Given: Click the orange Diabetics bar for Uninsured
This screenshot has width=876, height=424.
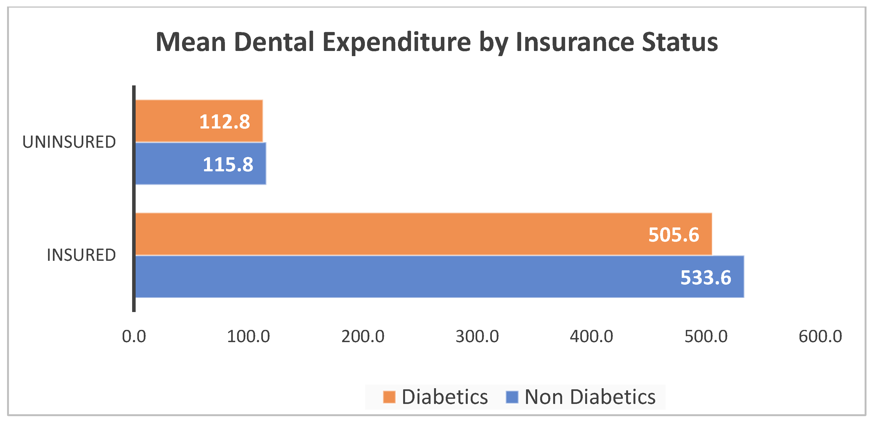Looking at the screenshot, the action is pyautogui.click(x=199, y=121).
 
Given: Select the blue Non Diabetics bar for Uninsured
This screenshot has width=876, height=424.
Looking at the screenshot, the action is pyautogui.click(x=201, y=163).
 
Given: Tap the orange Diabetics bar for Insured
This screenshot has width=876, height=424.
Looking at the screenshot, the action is pyautogui.click(x=424, y=234).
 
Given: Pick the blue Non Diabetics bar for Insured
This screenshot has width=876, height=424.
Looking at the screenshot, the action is pyautogui.click(x=440, y=277).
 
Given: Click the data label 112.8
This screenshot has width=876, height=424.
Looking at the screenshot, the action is pyautogui.click(x=225, y=122).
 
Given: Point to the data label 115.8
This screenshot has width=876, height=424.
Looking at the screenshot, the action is pyautogui.click(x=228, y=165).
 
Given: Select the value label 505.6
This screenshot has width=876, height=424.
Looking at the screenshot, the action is pyautogui.click(x=674, y=235).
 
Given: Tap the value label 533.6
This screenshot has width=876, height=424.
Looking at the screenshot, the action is pyautogui.click(x=706, y=278).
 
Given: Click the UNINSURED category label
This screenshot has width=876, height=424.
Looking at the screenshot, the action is pyautogui.click(x=69, y=142).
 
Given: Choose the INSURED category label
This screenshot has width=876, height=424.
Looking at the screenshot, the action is pyautogui.click(x=81, y=255).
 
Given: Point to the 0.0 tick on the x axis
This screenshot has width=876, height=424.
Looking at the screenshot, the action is pyautogui.click(x=134, y=337).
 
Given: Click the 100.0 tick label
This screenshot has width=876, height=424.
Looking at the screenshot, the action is pyautogui.click(x=249, y=337).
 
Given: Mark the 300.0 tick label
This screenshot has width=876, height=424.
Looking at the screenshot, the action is pyautogui.click(x=477, y=337).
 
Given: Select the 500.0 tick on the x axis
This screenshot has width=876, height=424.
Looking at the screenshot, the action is pyautogui.click(x=706, y=337).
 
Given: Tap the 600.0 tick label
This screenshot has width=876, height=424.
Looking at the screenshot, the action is pyautogui.click(x=820, y=337).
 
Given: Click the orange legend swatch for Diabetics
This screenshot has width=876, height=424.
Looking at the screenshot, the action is pyautogui.click(x=389, y=397).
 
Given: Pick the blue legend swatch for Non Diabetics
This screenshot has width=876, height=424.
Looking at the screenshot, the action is pyautogui.click(x=512, y=397).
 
